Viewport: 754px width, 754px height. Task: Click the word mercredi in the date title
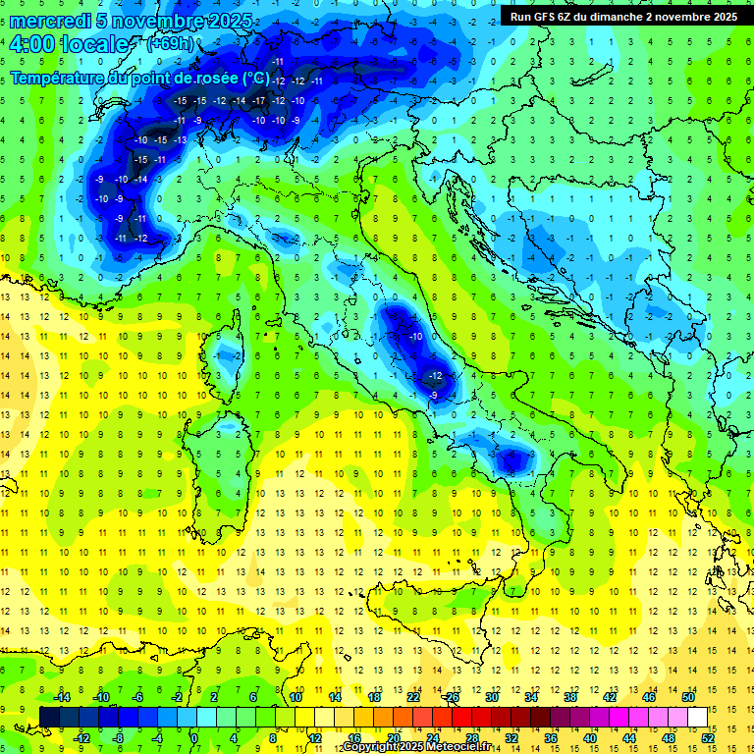[x=51, y=21]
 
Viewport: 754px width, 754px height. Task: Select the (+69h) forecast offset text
[x=170, y=44]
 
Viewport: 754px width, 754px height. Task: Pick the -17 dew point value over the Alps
[x=258, y=101]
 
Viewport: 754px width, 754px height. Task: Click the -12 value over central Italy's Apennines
[x=435, y=376]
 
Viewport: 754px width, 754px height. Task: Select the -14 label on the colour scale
[x=64, y=697]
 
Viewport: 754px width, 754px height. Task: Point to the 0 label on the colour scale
[x=193, y=738]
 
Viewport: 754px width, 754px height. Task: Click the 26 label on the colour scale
[x=452, y=697]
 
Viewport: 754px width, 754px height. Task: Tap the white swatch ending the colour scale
[x=697, y=717]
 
